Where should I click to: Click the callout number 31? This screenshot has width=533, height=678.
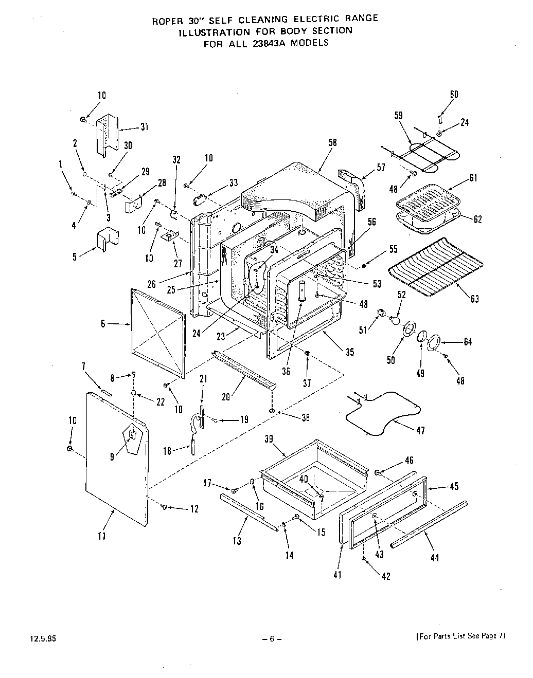click(144, 127)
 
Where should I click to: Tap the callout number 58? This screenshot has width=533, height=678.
click(332, 143)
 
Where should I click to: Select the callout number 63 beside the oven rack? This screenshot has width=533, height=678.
click(474, 298)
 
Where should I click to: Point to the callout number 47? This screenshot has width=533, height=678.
click(420, 431)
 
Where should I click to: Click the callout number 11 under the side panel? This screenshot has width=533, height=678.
click(102, 536)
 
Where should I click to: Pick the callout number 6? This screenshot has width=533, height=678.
click(103, 323)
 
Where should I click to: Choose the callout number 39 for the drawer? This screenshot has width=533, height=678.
click(269, 439)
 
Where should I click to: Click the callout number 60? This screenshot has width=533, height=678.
click(454, 94)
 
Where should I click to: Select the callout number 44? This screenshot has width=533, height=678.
click(435, 558)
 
